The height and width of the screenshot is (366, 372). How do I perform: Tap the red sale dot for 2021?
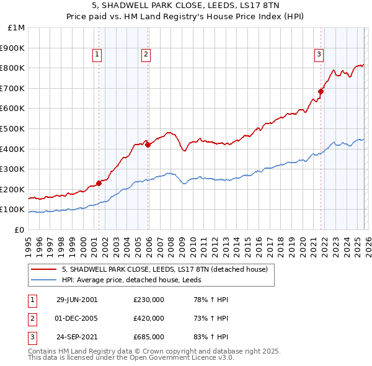pyautogui.click(x=321, y=91)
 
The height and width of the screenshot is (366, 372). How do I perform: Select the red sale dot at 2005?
pyautogui.click(x=148, y=145)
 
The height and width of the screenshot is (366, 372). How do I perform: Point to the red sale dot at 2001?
pyautogui.click(x=99, y=183)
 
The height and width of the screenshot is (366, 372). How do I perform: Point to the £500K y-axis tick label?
pyautogui.click(x=13, y=128)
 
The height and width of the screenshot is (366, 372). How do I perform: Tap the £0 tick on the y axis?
pyautogui.click(x=19, y=230)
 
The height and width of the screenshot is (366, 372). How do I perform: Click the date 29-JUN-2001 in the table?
pyautogui.click(x=77, y=300)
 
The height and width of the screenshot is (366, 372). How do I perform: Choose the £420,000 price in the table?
pyautogui.click(x=149, y=318)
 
